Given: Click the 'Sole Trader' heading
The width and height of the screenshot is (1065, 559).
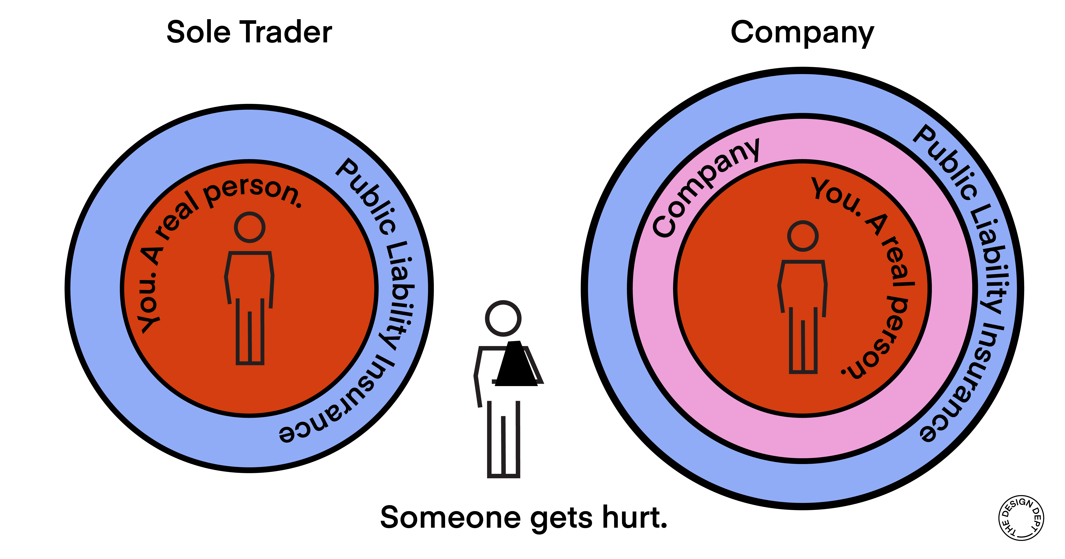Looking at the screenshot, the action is click(x=249, y=32).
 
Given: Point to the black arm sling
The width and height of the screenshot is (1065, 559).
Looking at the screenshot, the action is click(x=517, y=364).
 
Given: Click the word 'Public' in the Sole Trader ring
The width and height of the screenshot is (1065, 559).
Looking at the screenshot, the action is click(x=366, y=196).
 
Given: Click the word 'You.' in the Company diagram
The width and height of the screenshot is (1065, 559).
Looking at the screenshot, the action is click(x=835, y=196).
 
